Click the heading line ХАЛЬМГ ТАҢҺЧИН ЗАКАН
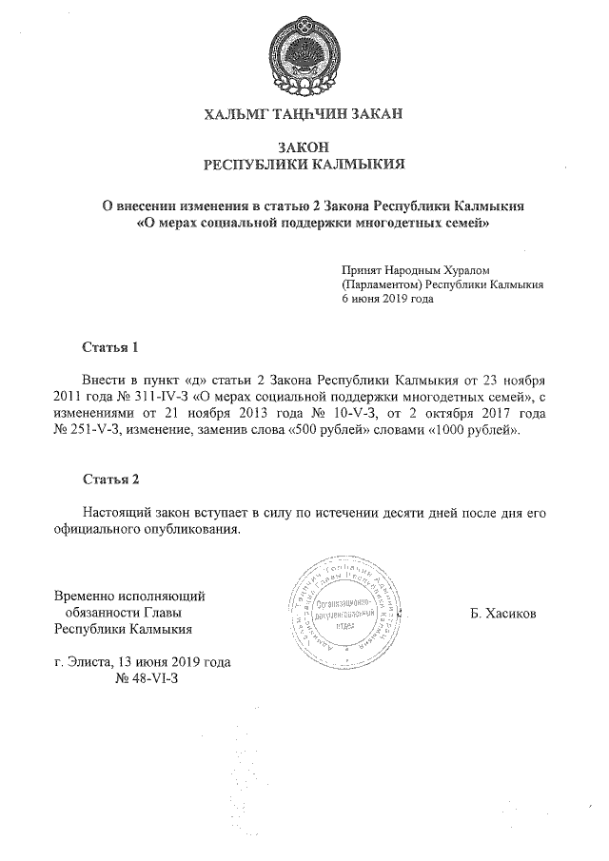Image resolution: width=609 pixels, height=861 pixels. [x=304, y=115]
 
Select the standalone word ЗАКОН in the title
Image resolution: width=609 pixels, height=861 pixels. [x=304, y=147]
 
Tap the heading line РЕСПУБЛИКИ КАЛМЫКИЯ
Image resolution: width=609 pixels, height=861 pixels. [x=304, y=164]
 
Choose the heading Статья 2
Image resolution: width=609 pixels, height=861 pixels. [x=111, y=478]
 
